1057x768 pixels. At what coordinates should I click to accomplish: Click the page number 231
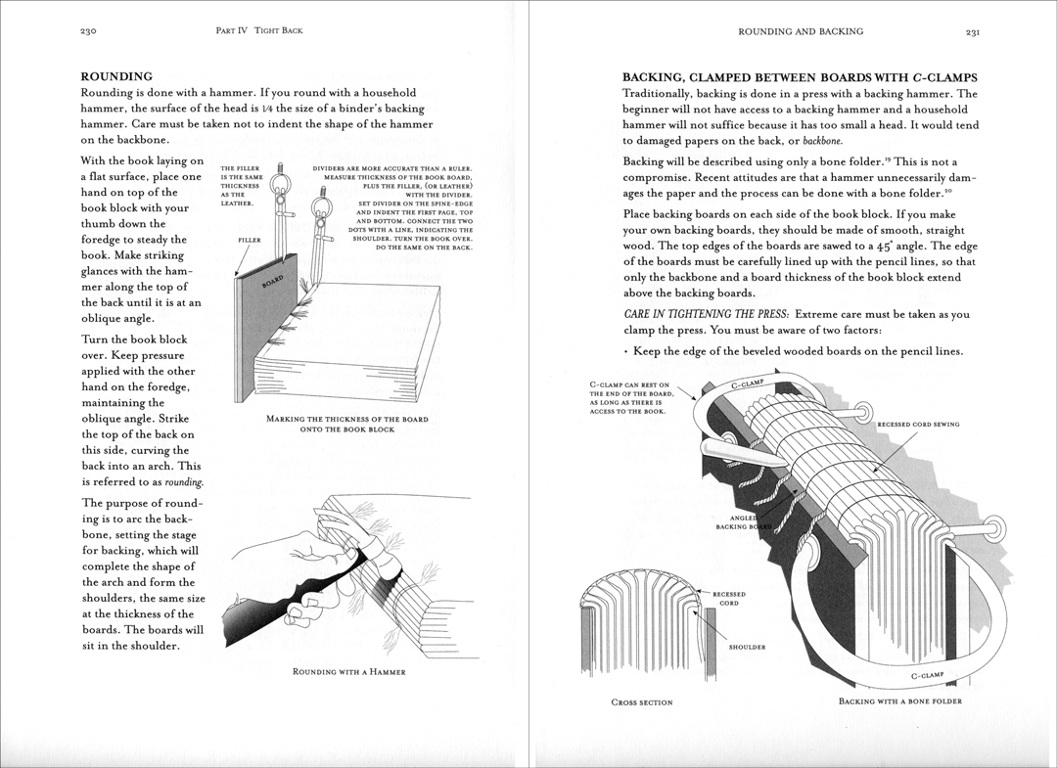(x=972, y=31)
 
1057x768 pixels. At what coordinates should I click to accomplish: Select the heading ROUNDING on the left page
(x=115, y=75)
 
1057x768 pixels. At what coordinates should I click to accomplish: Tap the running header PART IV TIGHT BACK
(x=258, y=31)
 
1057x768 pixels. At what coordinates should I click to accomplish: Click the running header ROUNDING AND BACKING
(x=801, y=31)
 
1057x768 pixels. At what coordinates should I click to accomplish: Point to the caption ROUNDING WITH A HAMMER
(x=348, y=672)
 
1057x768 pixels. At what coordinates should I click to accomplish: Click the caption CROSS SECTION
(x=641, y=702)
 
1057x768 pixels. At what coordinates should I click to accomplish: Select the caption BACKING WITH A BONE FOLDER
(x=899, y=701)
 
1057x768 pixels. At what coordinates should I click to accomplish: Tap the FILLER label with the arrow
(x=250, y=240)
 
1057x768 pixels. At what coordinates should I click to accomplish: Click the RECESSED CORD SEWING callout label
(x=917, y=425)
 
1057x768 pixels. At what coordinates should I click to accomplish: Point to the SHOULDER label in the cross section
(x=747, y=647)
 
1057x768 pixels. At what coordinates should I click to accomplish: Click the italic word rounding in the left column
(x=184, y=482)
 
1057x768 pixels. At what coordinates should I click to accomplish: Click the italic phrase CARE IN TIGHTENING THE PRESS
(x=706, y=314)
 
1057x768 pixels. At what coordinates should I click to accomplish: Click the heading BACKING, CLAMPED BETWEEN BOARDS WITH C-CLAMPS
(x=800, y=77)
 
